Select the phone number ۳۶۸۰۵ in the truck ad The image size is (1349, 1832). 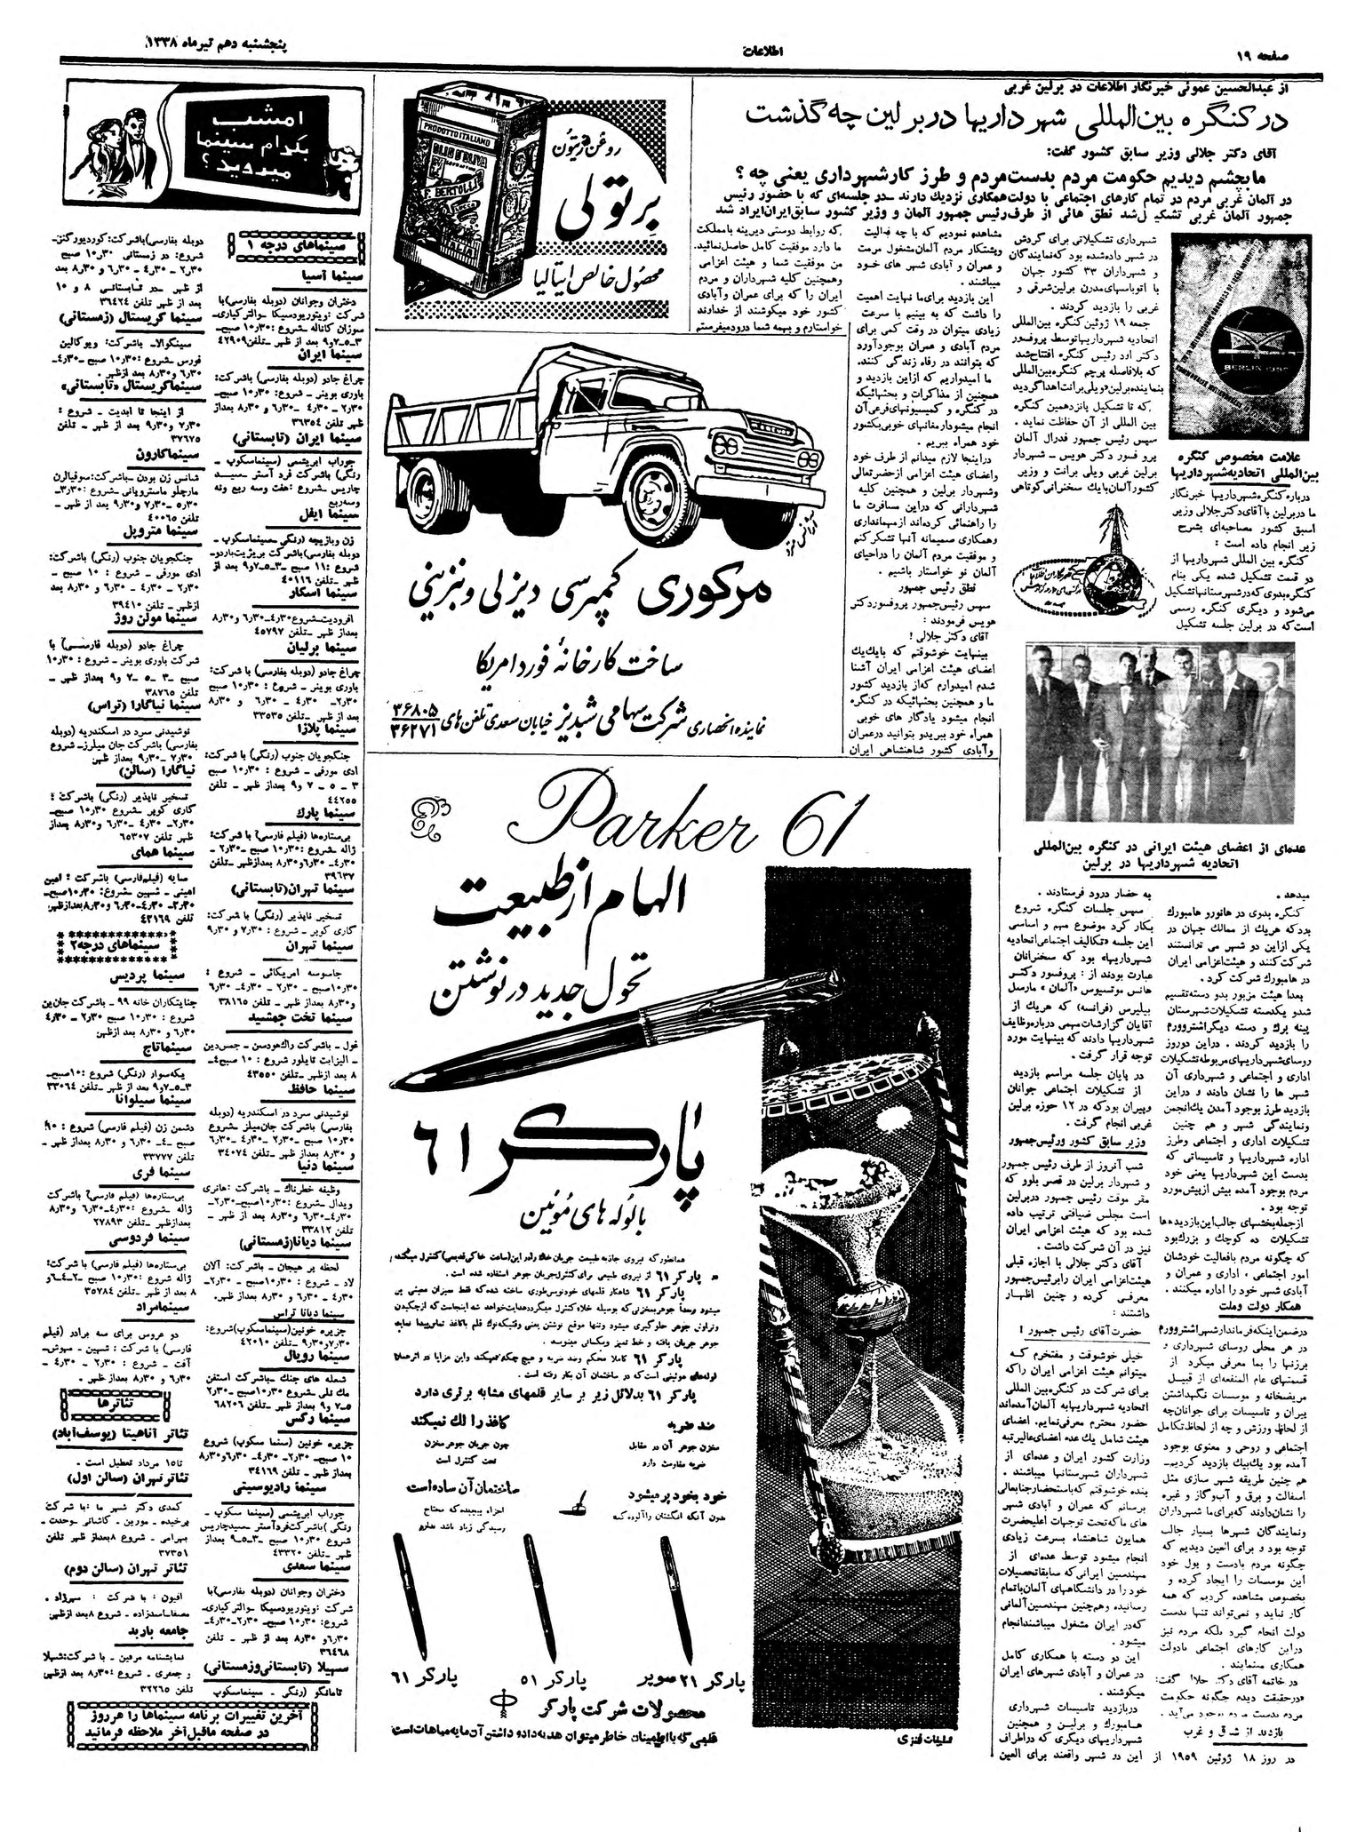point(422,711)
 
